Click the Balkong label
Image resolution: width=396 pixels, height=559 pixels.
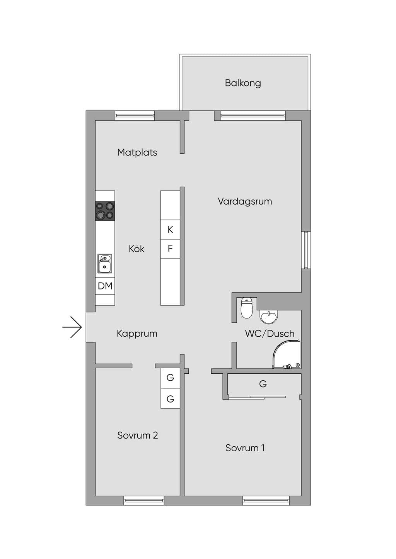(243, 83)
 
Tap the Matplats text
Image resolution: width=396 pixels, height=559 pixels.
(137, 152)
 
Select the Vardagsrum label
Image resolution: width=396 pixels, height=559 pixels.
(245, 202)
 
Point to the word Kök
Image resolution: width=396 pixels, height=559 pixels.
(137, 249)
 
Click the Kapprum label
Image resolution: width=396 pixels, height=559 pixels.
(137, 334)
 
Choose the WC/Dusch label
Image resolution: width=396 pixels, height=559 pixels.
(270, 334)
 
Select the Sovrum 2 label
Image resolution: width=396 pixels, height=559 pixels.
(138, 435)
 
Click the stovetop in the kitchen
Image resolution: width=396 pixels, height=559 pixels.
(105, 211)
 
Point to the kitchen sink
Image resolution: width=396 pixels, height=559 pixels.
(105, 264)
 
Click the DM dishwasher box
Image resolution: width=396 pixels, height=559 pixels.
(105, 286)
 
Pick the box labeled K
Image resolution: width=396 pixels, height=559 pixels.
(170, 230)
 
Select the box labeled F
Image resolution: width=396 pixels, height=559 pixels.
(170, 249)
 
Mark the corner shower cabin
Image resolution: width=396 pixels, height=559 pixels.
(287, 354)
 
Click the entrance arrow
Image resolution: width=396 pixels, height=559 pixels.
(72, 327)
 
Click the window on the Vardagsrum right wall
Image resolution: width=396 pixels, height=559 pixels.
(306, 250)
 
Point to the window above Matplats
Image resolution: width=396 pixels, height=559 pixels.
(135, 115)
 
